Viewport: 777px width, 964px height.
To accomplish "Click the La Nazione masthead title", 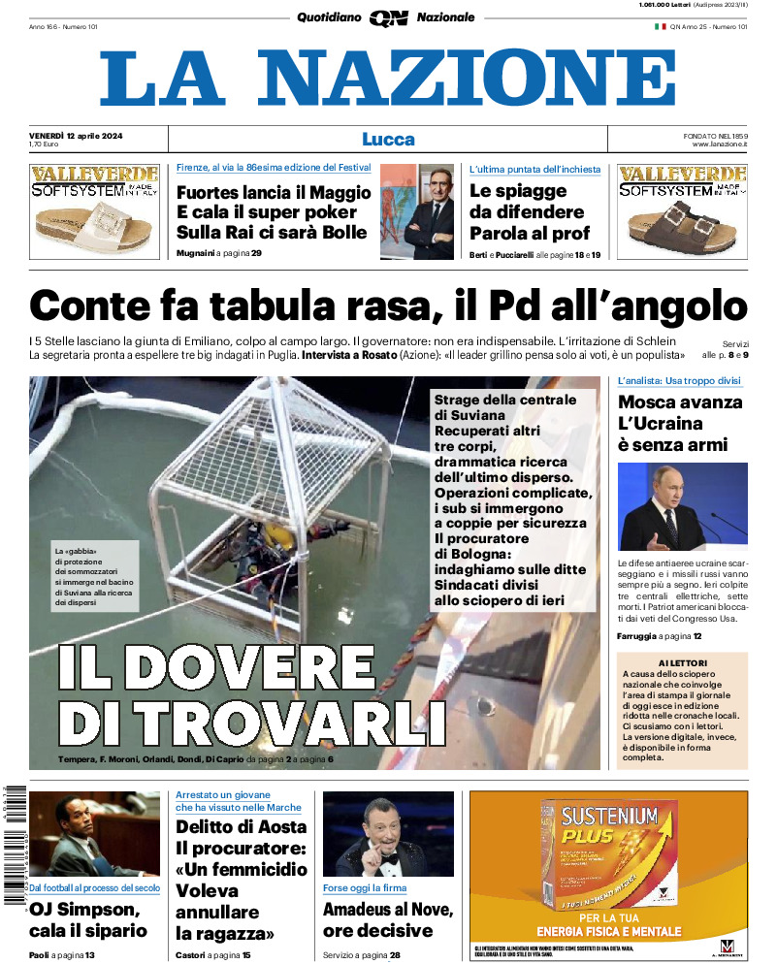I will click(388, 79).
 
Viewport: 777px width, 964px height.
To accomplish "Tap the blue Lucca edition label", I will click(388, 139).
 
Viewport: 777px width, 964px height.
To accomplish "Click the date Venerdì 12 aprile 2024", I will click(81, 133).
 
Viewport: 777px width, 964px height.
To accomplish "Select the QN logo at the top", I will click(388, 17).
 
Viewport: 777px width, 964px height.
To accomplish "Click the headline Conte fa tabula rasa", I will click(388, 306).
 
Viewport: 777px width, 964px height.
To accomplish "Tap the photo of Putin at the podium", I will click(682, 506).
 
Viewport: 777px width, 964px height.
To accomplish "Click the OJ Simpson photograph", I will click(94, 834).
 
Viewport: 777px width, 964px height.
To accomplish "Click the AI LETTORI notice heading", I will click(682, 663).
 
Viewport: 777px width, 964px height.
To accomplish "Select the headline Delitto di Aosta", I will click(242, 827).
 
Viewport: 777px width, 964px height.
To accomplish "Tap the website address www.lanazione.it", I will click(720, 145).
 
